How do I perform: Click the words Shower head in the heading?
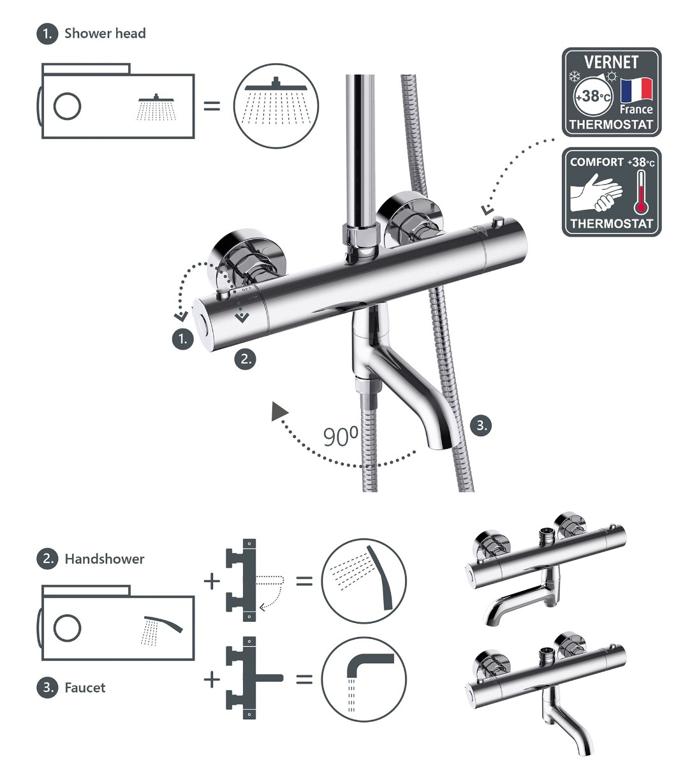[105, 33]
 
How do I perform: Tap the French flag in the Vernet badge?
[636, 90]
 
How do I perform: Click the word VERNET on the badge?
[611, 62]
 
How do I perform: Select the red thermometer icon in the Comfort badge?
[640, 192]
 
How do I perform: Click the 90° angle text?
[341, 437]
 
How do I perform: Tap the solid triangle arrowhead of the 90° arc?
[279, 412]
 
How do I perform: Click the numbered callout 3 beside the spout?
[482, 425]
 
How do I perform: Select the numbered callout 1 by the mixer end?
[183, 339]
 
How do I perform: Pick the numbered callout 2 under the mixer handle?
[246, 360]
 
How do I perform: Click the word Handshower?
[105, 559]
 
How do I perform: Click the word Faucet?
[85, 687]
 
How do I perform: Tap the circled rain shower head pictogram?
[276, 106]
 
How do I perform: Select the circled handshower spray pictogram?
[364, 582]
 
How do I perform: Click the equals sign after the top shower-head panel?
[212, 106]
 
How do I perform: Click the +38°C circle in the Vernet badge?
[593, 96]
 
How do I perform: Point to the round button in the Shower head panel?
[67, 106]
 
